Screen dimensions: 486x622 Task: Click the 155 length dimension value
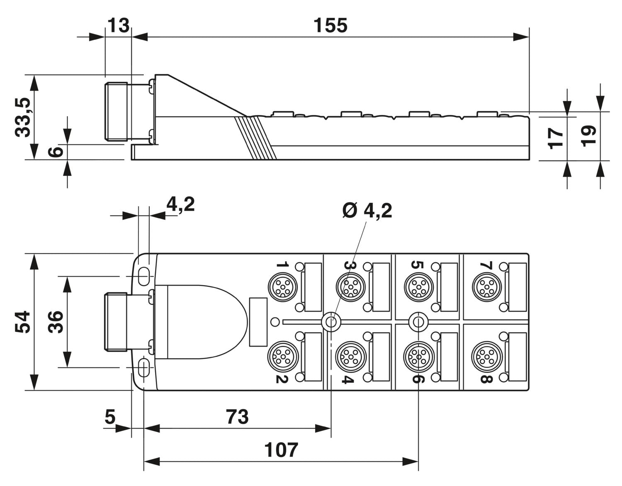(x=330, y=26)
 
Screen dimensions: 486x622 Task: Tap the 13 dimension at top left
(x=118, y=26)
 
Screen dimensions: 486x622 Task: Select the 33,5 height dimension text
(x=23, y=117)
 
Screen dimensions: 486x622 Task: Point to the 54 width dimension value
(x=23, y=321)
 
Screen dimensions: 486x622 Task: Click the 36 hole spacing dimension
(x=56, y=321)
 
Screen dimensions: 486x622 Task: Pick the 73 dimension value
(x=237, y=416)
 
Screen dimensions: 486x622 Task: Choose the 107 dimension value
(x=281, y=450)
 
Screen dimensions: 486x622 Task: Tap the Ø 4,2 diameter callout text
(x=367, y=211)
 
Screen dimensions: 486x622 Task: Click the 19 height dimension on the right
(x=588, y=136)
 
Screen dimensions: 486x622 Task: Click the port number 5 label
(x=417, y=265)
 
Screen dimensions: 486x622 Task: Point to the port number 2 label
(x=282, y=378)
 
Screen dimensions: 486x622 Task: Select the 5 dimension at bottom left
(x=110, y=416)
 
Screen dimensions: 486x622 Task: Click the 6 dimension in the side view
(x=56, y=152)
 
